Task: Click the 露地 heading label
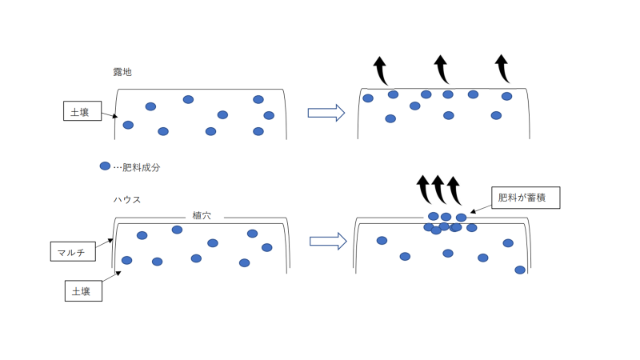pos(122,72)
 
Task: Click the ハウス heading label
pos(127,199)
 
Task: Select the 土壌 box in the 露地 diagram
pos(82,111)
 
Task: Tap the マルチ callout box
pos(72,251)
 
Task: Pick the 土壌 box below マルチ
pos(82,290)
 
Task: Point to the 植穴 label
pos(202,215)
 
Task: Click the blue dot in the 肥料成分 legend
pos(105,166)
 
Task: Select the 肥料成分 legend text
pos(141,167)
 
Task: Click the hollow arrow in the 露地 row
pos(326,113)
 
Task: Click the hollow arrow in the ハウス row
pos(326,241)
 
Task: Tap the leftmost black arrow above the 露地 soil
pos(381,70)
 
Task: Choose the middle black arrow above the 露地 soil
pos(442,70)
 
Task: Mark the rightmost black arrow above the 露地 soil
pos(502,70)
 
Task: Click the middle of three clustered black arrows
pos(438,190)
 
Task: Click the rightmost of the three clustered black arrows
pos(454,190)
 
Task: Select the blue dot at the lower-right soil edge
pos(520,270)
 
